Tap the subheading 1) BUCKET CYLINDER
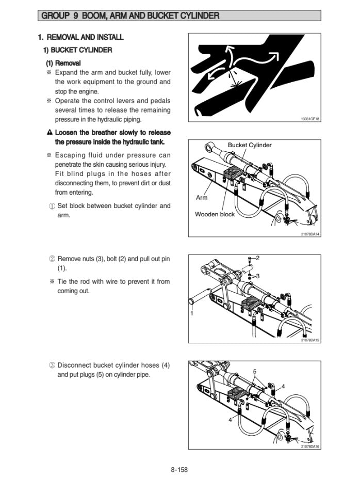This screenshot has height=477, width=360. [77, 50]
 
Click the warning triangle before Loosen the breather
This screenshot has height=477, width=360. [50, 133]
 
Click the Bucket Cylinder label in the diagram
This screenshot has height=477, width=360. [249, 145]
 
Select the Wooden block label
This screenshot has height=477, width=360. [215, 214]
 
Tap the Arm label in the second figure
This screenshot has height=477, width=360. [202, 198]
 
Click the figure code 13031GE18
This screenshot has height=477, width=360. [310, 119]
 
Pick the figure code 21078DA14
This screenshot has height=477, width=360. [310, 234]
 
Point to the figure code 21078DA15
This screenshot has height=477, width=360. [310, 340]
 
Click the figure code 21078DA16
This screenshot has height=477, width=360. [310, 446]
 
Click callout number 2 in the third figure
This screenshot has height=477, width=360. [257, 257]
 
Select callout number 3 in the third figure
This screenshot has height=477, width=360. [257, 276]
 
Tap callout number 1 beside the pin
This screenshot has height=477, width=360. [191, 313]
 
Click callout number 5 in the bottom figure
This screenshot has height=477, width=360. [255, 372]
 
